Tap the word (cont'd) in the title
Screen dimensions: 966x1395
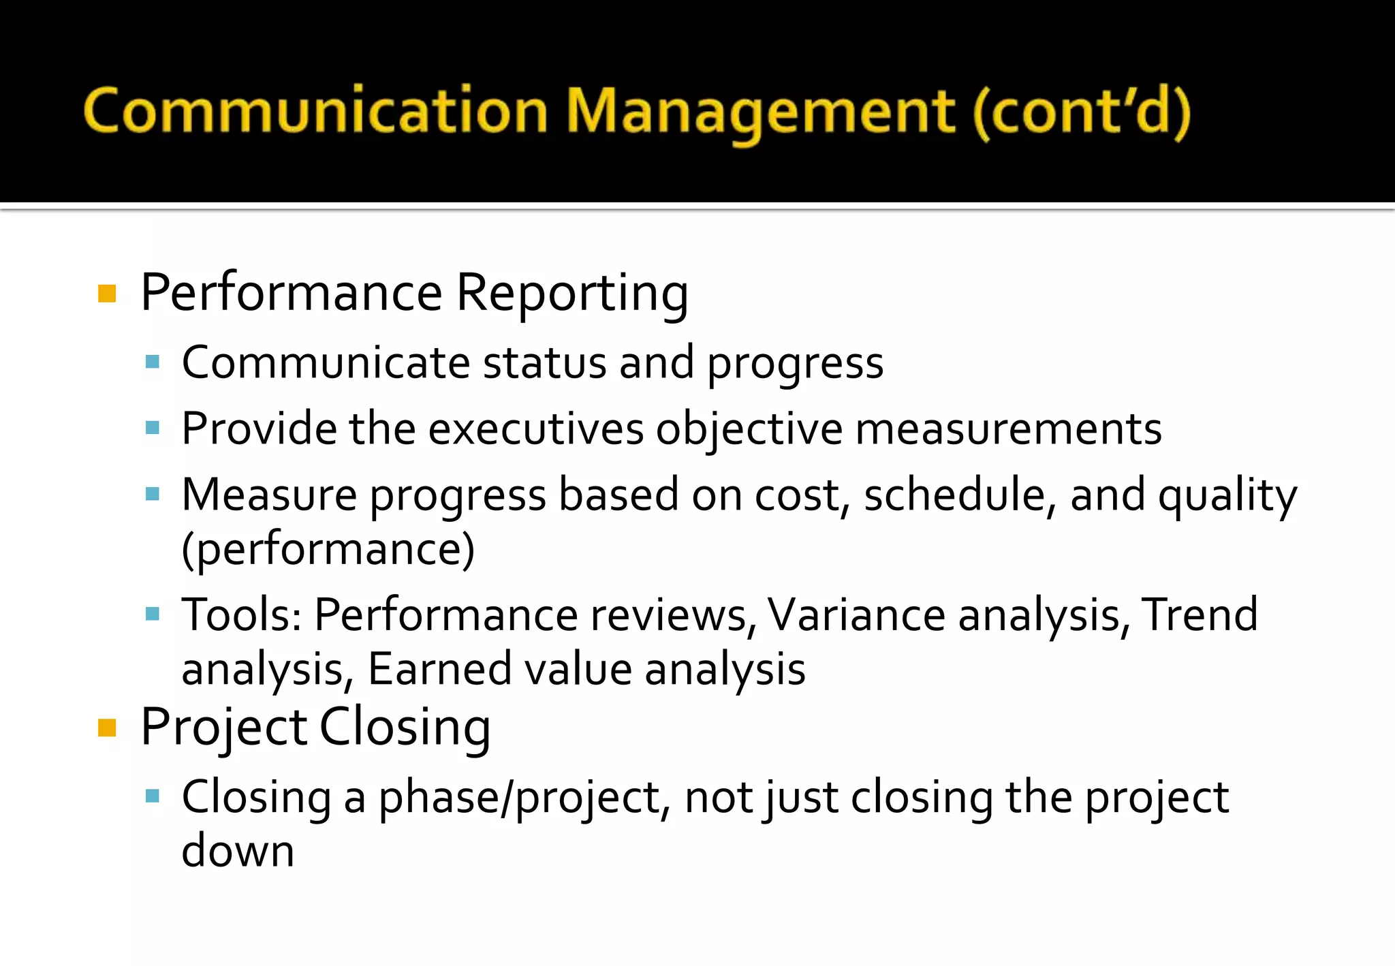(1082, 111)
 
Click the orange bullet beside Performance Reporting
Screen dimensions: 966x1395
(107, 294)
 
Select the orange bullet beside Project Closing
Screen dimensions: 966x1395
(107, 728)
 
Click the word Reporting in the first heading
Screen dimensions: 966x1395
(571, 294)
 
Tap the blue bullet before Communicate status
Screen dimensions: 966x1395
(153, 362)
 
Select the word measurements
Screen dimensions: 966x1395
(1008, 429)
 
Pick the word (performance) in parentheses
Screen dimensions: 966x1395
(328, 549)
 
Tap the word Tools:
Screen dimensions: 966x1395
(242, 615)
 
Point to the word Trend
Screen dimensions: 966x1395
(1199, 615)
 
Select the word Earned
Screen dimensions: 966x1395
(439, 669)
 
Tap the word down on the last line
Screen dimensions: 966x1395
(238, 852)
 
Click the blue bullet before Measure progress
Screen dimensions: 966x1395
(153, 494)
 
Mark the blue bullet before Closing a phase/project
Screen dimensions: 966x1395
(153, 796)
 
